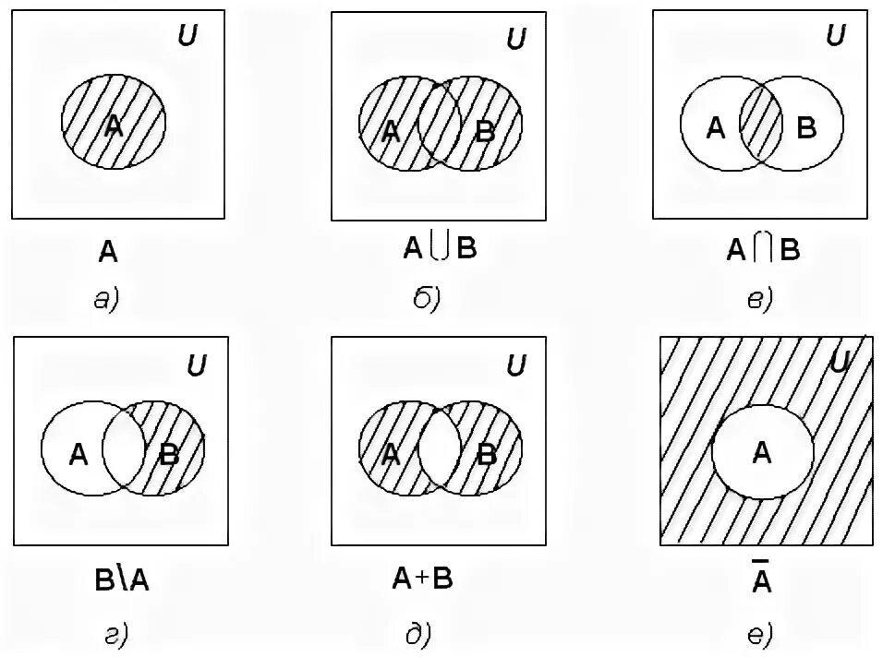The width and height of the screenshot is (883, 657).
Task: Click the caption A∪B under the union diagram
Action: point(440,248)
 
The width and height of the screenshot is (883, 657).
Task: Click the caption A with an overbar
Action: point(761,579)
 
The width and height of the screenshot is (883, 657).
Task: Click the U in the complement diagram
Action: point(839,363)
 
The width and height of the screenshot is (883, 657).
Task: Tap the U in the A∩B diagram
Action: point(835,37)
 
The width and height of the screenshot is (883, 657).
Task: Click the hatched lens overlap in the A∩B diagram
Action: point(762,124)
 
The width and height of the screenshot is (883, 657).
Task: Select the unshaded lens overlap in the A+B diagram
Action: point(440,451)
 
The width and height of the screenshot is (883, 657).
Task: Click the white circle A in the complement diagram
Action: point(762,452)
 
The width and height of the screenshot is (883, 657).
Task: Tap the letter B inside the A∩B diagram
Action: point(806,128)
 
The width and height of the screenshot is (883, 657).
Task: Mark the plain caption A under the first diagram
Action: point(108,250)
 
